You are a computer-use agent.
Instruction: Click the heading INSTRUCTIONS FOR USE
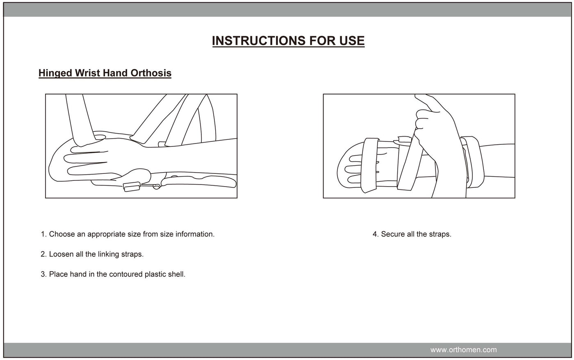coord(288,41)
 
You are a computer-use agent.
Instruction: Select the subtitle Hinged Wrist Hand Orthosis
coord(105,73)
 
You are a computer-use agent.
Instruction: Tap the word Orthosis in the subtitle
coord(150,73)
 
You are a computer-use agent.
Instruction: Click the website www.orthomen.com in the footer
coord(463,350)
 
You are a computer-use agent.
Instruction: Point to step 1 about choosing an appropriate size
coord(128,234)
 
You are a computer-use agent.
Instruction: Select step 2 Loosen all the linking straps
coord(92,254)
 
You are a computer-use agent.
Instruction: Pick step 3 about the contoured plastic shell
coord(113,274)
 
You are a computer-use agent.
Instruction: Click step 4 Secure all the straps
coord(412,234)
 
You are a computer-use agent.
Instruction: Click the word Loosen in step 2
coord(61,254)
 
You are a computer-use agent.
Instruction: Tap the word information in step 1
coord(195,234)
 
